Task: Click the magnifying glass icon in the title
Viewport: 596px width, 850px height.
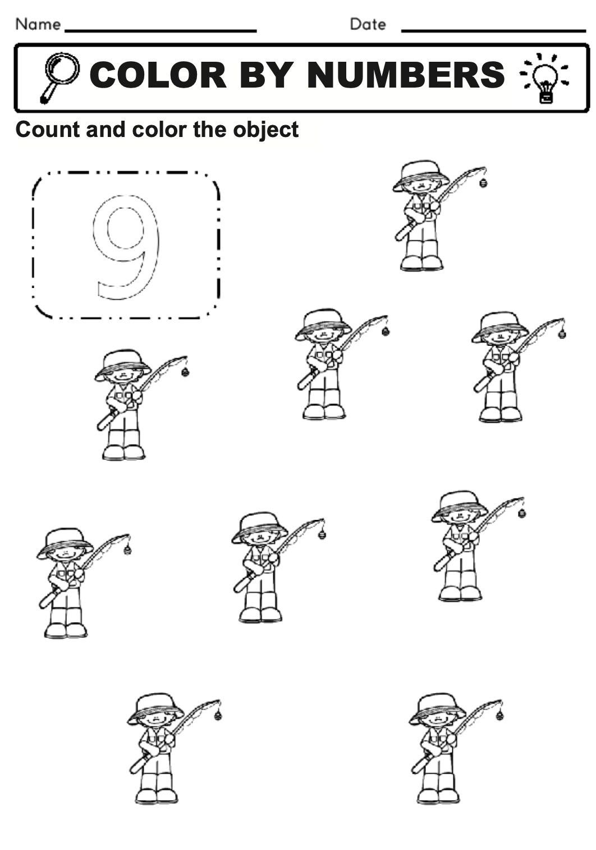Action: pos(59,76)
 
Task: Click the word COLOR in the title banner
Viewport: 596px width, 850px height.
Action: pos(158,75)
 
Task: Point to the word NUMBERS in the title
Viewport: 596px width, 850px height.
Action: pos(406,75)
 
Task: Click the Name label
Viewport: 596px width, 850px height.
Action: pos(38,24)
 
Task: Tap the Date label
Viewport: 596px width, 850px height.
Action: pos(368,24)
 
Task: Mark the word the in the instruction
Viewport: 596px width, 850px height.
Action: pos(210,130)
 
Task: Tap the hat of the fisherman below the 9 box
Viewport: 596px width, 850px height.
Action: pos(122,362)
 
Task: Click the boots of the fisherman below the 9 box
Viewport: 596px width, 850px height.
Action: pos(123,452)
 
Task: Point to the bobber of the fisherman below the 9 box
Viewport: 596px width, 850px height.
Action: pos(185,371)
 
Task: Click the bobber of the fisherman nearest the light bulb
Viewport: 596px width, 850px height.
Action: pos(483,182)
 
